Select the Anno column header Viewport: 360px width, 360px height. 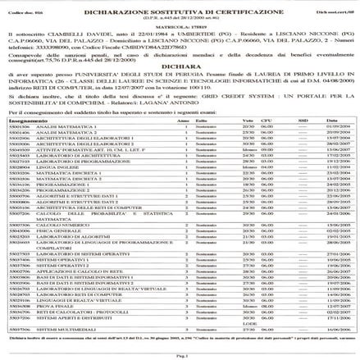(181, 120)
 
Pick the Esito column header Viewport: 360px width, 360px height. (202, 120)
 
